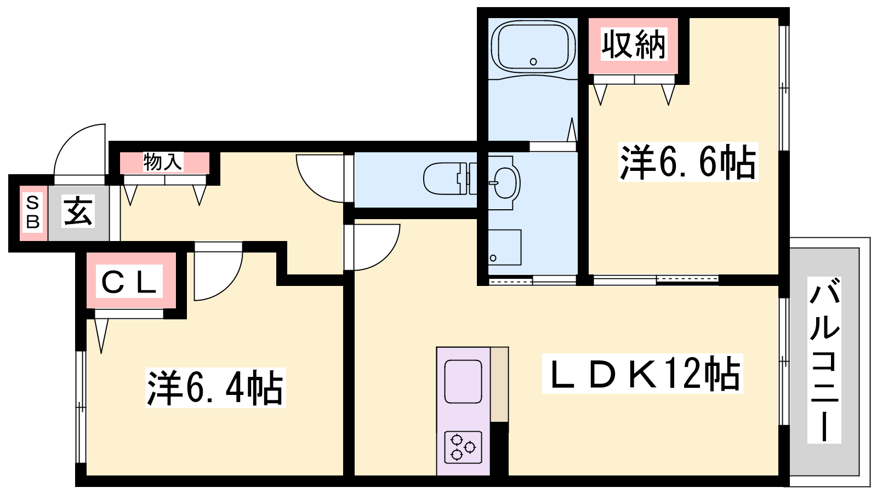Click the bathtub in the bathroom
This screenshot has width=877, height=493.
click(x=533, y=47)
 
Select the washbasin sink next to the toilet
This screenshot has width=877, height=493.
click(x=505, y=183)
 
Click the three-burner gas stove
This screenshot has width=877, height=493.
click(x=463, y=447)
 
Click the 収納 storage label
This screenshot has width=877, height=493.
click(x=634, y=45)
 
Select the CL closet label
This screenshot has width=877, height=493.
click(x=129, y=281)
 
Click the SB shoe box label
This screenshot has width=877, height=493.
click(x=33, y=213)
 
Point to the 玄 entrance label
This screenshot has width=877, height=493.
click(x=78, y=211)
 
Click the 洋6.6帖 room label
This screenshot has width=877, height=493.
click(x=688, y=162)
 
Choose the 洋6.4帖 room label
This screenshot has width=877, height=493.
click(x=215, y=388)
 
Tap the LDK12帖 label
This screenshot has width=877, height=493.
click(x=642, y=373)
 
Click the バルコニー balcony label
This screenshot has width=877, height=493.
click(x=824, y=360)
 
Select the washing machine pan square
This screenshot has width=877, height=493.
click(x=505, y=247)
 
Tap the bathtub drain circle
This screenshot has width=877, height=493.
click(x=533, y=61)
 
